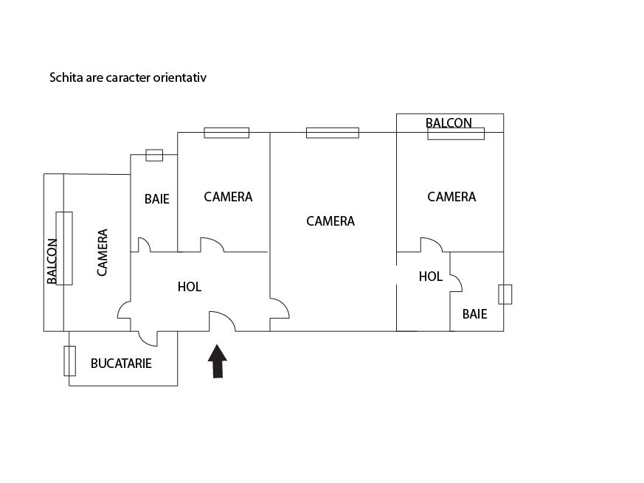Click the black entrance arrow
217,361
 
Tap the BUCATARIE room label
121,364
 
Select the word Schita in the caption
65,77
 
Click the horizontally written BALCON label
449,122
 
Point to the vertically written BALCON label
52,261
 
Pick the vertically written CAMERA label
103,252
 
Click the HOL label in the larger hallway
190,287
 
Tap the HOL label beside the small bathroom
431,277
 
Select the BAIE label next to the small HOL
474,313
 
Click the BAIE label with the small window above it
156,199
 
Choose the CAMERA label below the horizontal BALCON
451,197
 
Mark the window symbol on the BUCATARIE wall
69,361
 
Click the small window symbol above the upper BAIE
154,155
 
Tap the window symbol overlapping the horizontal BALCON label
456,133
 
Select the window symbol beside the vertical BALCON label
64,248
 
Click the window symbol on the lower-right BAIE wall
505,293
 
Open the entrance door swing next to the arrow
222,322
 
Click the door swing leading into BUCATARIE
148,338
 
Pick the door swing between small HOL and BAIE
456,282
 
